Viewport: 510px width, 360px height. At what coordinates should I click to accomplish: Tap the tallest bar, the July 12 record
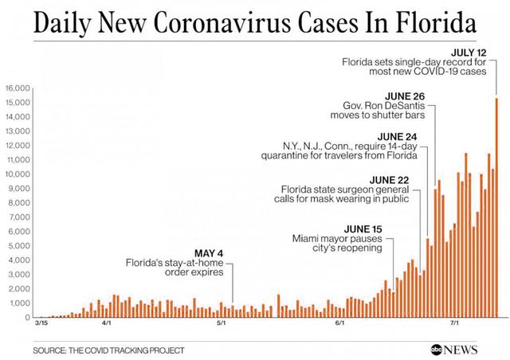496,207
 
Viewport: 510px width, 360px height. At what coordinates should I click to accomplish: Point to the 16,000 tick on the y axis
18,88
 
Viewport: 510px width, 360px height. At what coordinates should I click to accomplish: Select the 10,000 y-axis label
18,174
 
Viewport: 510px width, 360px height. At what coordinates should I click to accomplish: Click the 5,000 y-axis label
20,246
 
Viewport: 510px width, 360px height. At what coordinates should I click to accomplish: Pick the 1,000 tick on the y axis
20,303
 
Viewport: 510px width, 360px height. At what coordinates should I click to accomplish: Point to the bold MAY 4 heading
208,253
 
